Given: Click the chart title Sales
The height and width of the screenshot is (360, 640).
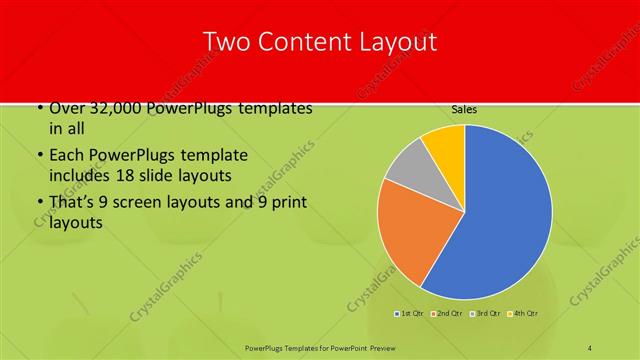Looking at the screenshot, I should [463, 109].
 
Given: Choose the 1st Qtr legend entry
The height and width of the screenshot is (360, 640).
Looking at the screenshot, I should [410, 314].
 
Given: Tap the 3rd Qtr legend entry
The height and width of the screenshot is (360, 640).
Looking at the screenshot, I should [486, 314].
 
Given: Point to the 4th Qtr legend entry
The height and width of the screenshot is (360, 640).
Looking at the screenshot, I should [524, 314].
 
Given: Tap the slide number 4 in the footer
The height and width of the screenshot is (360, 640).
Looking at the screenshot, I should [590, 347].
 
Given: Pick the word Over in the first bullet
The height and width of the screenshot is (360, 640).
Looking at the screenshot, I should [68, 109].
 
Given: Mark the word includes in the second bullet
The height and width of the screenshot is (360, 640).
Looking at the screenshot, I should [81, 175].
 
